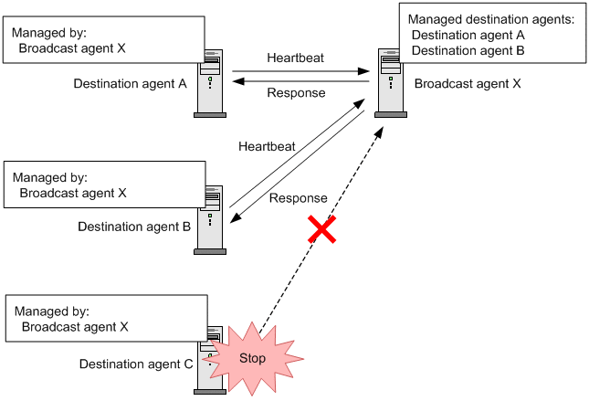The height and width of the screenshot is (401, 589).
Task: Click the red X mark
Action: pyautogui.click(x=321, y=230)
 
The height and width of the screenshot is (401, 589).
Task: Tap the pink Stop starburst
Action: pyautogui.click(x=251, y=358)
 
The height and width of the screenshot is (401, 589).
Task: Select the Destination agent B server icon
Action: pyautogui.click(x=210, y=219)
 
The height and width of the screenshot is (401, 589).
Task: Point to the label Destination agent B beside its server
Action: pyautogui.click(x=134, y=227)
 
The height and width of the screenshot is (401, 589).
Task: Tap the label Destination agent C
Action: pyautogui.click(x=136, y=364)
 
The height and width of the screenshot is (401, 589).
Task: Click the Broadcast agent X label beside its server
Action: pyautogui.click(x=468, y=84)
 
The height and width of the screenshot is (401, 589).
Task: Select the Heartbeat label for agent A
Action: pyautogui.click(x=295, y=58)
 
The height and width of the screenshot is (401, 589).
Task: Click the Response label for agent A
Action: pyautogui.click(x=295, y=92)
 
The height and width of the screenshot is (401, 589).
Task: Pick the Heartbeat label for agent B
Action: pyautogui.click(x=266, y=146)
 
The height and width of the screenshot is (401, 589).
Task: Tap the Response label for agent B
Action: pyautogui.click(x=298, y=198)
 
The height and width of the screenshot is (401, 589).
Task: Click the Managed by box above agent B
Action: pyautogui.click(x=103, y=185)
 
